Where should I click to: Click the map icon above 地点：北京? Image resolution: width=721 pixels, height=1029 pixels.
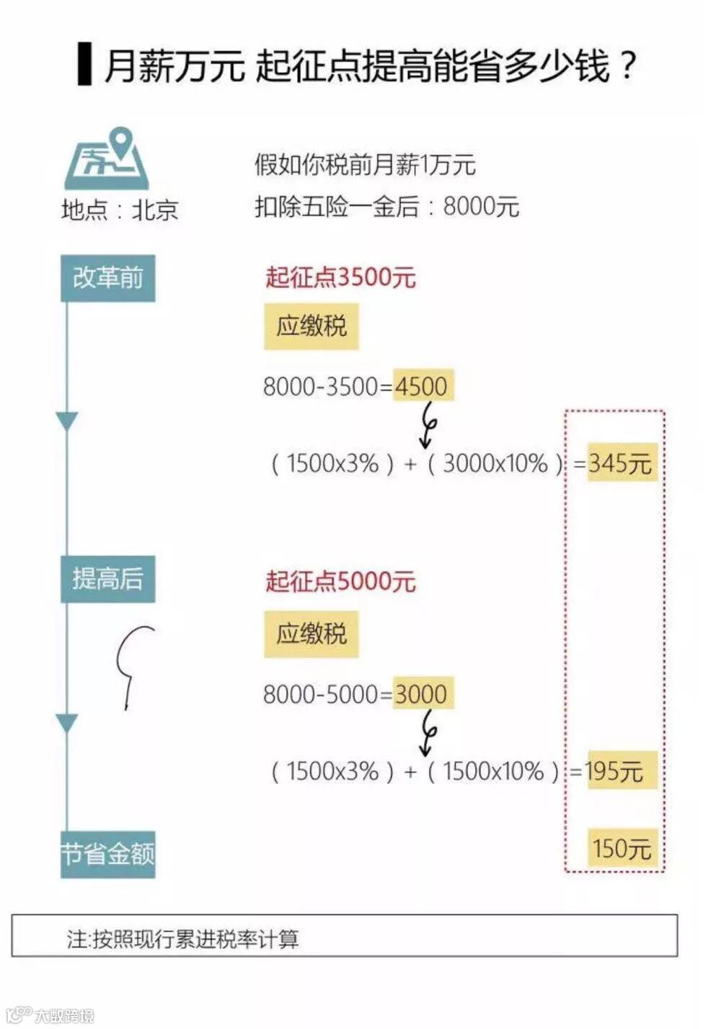[x=107, y=160]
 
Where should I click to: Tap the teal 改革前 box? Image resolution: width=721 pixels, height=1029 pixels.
[x=107, y=278]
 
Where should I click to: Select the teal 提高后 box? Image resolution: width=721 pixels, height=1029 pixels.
[x=107, y=579]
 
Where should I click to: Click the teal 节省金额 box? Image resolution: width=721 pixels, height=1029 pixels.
[x=107, y=855]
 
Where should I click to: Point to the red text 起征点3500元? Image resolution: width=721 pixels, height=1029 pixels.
[x=340, y=277]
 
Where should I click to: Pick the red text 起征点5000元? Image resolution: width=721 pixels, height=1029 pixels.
[x=340, y=581]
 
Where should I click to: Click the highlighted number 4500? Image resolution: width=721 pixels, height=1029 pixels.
[x=423, y=386]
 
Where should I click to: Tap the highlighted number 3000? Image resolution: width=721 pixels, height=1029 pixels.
[x=423, y=694]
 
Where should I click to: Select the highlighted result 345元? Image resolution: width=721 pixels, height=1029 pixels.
[x=621, y=463]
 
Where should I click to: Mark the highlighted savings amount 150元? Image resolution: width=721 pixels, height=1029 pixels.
[x=622, y=847]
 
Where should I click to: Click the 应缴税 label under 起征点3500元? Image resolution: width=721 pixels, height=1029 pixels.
[x=311, y=326]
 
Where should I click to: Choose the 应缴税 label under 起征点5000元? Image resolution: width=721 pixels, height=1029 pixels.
[x=311, y=634]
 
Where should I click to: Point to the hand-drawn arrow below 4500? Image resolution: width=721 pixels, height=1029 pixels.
[x=428, y=424]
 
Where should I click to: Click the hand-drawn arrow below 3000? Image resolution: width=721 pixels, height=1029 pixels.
[x=428, y=733]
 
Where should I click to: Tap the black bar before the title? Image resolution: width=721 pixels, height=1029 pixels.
[x=85, y=65]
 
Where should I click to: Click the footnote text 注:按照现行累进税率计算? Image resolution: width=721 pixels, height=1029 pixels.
[x=183, y=939]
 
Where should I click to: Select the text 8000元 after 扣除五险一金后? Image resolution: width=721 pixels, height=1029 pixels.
[x=481, y=207]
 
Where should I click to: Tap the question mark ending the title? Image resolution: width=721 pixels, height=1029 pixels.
[x=628, y=65]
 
